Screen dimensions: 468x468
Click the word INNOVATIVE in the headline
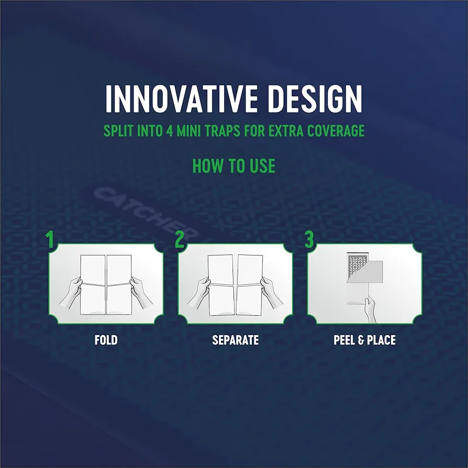[x=181, y=99]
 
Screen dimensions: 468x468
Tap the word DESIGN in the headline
[x=315, y=99]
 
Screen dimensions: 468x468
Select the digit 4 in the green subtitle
[x=170, y=131]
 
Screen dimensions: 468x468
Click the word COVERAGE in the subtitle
[x=336, y=131]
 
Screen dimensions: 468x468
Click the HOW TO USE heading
[x=233, y=166]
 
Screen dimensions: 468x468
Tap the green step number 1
[x=50, y=239]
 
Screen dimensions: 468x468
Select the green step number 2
[x=180, y=239]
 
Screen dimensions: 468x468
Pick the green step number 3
[x=309, y=239]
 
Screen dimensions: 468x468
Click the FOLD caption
[x=106, y=340]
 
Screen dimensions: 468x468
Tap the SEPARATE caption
[x=235, y=340]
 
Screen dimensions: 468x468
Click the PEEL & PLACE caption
[x=364, y=340]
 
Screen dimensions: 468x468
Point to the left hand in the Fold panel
[x=71, y=293]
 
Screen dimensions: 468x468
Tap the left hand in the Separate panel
[x=199, y=293]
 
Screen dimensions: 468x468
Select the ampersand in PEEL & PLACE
[x=361, y=340]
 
